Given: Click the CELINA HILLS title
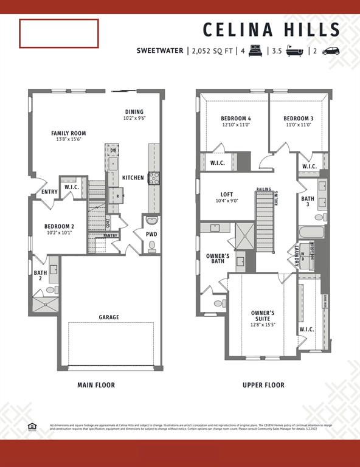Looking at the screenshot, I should pyautogui.click(x=271, y=29).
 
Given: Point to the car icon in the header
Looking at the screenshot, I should pyautogui.click(x=331, y=51).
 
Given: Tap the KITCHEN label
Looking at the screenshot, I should pyautogui.click(x=133, y=178).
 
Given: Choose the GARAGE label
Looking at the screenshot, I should pyautogui.click(x=109, y=317).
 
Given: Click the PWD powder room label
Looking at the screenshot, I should pyautogui.click(x=151, y=233).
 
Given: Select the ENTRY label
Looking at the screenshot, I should pyautogui.click(x=50, y=192).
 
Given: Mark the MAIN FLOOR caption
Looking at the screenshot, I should pyautogui.click(x=96, y=385).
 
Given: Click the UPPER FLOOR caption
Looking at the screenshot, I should pyautogui.click(x=263, y=385).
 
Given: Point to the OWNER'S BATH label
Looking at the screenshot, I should pyautogui.click(x=218, y=258).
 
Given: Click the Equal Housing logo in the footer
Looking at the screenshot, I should pyautogui.click(x=32, y=426).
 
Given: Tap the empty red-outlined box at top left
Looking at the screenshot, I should pyautogui.click(x=59, y=33).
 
